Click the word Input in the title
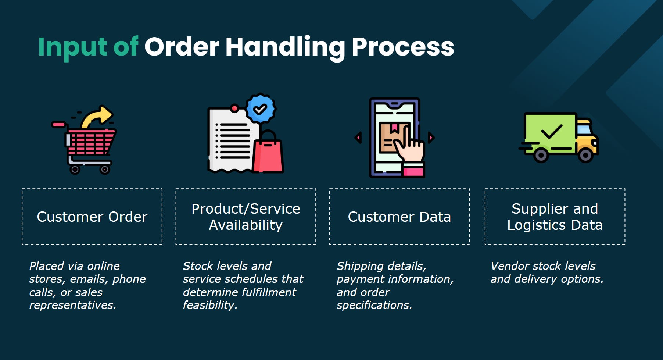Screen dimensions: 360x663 (73, 47)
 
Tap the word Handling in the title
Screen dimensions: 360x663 (285, 47)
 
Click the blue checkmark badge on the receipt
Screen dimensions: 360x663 (260, 109)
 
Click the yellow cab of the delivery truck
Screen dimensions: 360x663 (586, 138)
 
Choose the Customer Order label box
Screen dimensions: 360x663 (92, 217)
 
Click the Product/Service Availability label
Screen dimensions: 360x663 (246, 217)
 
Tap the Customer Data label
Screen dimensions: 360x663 (399, 217)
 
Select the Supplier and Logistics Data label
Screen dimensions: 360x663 (555, 217)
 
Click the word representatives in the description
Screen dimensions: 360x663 (72, 305)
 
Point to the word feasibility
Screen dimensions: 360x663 (210, 305)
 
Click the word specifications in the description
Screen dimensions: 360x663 (374, 305)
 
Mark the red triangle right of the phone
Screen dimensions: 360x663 (431, 138)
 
